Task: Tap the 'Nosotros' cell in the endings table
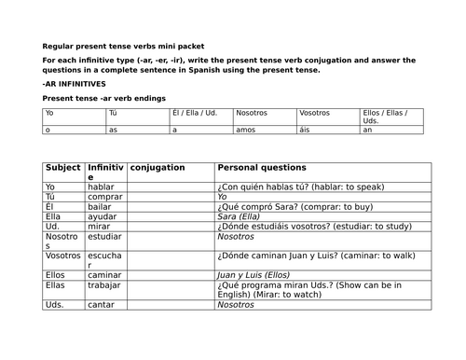tap(252, 113)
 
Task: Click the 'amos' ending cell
tap(244, 131)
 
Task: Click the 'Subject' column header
tap(63, 168)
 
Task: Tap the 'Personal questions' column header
tap(261, 168)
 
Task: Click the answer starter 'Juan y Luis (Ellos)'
tap(252, 275)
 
